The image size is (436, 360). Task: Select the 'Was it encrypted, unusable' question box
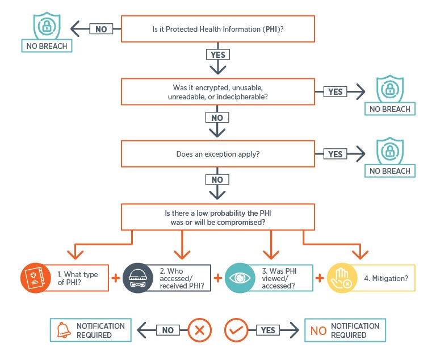[x=218, y=92]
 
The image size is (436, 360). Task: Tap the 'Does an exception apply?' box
[x=218, y=154]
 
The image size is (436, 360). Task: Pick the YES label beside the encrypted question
[x=336, y=91]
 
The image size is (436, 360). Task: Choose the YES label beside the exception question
[x=336, y=154]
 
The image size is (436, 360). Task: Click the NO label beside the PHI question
[x=100, y=29]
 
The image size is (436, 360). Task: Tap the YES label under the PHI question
[x=218, y=55]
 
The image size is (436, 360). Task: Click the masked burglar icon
[x=137, y=278]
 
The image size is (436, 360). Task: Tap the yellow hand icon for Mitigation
[x=342, y=278]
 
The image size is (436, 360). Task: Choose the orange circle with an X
[x=199, y=330]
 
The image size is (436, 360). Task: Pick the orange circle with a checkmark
[x=237, y=330]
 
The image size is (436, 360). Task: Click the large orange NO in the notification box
[x=318, y=330]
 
